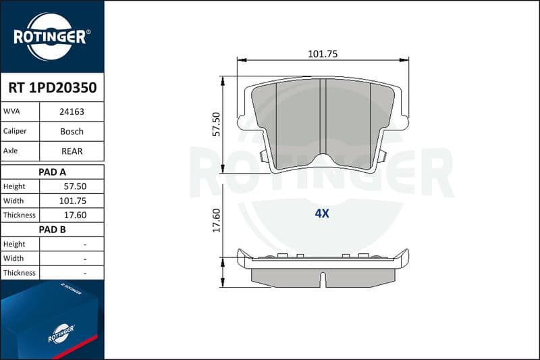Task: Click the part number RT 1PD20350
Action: tap(53, 88)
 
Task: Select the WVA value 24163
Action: tap(72, 111)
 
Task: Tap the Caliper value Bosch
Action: tap(72, 131)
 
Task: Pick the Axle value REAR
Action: tap(72, 151)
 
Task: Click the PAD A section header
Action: tap(52, 172)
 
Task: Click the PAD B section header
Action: tap(52, 230)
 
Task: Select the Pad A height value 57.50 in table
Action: tap(75, 186)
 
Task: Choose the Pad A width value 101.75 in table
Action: tap(73, 201)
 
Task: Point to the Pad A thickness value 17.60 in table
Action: tap(75, 215)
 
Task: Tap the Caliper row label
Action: tap(15, 131)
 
